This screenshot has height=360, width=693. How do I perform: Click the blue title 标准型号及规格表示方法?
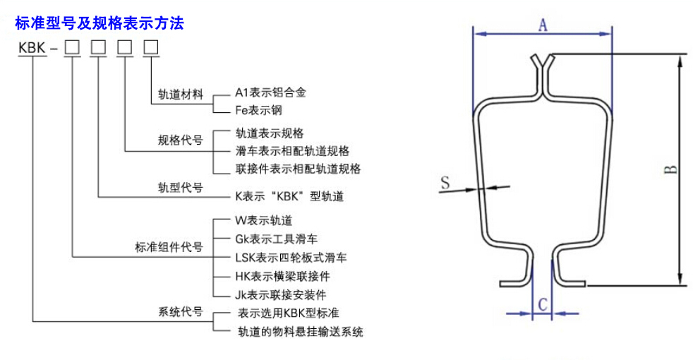100,23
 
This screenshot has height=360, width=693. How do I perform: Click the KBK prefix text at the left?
32,47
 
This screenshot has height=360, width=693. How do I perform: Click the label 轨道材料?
181,95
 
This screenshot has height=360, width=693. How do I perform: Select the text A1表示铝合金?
270,92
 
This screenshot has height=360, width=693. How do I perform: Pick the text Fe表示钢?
258,110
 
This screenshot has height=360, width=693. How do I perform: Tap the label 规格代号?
181,140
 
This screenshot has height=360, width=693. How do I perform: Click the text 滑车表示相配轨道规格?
292,151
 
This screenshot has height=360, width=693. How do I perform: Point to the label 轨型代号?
181,188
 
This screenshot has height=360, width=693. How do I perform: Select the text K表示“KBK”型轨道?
289,196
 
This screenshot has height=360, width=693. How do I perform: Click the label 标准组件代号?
169,247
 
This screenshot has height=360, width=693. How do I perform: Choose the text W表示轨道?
264,220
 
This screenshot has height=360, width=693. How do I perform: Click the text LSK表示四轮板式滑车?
291,258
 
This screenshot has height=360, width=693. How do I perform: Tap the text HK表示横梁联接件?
283,277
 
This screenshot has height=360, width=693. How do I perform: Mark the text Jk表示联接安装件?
281,295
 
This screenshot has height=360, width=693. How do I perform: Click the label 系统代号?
181,312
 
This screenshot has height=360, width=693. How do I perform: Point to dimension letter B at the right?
671,169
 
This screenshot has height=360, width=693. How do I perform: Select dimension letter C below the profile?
543,305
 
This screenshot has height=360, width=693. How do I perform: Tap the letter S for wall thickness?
445,182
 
